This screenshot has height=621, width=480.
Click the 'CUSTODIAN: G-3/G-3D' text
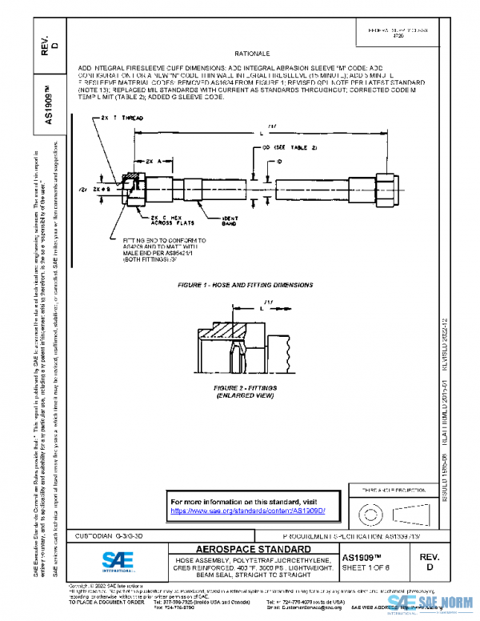tap(109, 535)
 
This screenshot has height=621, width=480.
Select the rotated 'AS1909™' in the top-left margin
tap(50, 100)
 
